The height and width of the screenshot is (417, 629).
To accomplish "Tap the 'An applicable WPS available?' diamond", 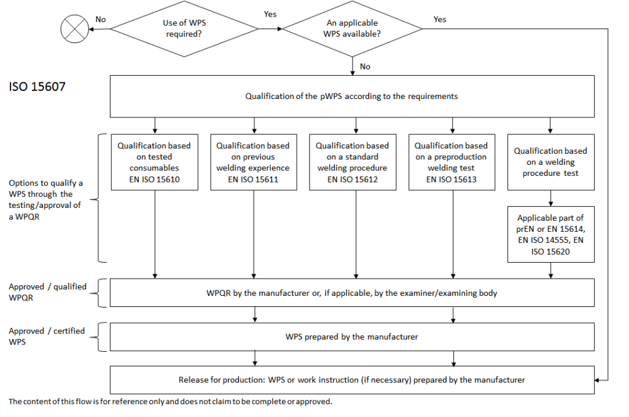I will point(352,28).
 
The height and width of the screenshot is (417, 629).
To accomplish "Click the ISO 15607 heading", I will point(37,87).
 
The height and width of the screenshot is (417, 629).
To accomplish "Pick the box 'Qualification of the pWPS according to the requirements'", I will point(352,96).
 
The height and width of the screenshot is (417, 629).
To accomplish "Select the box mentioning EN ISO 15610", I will point(155,162).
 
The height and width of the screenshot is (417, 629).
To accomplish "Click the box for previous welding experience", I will point(253,162).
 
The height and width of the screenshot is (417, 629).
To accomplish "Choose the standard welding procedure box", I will point(352,162).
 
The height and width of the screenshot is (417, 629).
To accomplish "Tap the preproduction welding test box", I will point(451,162).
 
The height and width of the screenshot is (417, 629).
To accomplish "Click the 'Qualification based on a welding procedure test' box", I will point(550,162).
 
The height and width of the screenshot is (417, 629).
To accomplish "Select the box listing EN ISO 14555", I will point(550,234).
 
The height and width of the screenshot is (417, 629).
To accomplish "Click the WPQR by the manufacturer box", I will point(352,293).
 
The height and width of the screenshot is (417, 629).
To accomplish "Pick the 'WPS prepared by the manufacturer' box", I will point(352,336).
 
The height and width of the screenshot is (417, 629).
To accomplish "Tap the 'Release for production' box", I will point(352,380).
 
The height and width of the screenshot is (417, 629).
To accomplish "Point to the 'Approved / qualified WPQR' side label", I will point(47,292).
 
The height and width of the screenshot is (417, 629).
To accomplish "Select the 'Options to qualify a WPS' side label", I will point(46,200).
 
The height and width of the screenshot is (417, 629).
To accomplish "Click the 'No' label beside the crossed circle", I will point(101,20).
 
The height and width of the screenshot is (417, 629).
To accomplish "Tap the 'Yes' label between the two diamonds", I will point(270,14).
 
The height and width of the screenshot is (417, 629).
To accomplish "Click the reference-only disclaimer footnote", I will point(170,402).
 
